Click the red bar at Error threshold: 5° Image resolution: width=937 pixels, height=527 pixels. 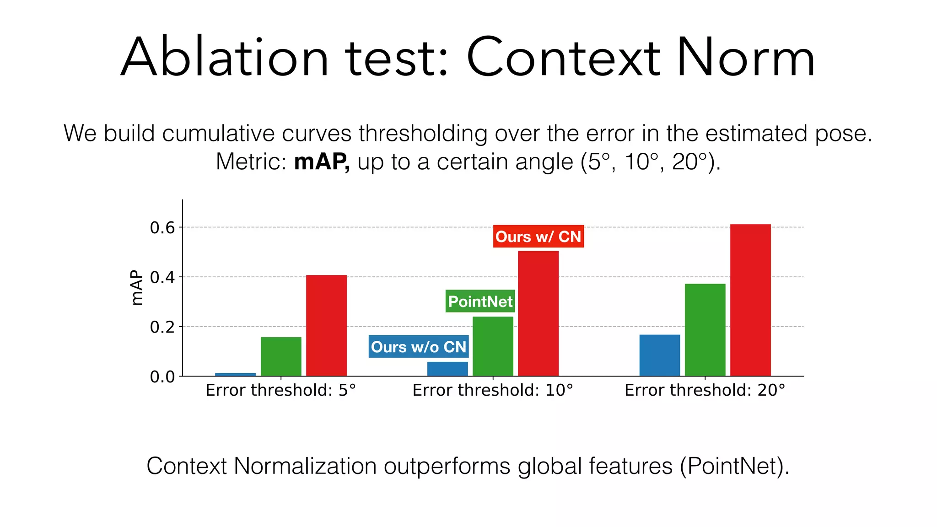(326, 325)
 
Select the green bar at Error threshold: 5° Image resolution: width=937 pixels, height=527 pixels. (281, 356)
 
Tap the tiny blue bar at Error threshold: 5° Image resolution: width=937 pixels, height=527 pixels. (235, 375)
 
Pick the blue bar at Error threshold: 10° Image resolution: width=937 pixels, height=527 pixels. (447, 369)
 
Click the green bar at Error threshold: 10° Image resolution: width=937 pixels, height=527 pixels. (493, 346)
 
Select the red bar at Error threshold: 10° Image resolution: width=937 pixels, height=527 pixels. (538, 313)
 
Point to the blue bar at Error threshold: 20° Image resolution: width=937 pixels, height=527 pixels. (659, 355)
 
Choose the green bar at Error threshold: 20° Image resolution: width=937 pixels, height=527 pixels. (705, 330)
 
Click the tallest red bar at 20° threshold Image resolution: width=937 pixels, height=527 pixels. (750, 300)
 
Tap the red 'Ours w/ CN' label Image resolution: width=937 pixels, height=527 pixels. (538, 237)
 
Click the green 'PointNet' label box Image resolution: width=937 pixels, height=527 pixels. (480, 301)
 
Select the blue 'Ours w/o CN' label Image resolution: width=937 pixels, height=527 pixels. (418, 347)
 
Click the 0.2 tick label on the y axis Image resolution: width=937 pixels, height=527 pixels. (162, 327)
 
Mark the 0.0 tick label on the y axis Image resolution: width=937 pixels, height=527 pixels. (162, 377)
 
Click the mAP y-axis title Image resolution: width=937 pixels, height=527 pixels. (136, 288)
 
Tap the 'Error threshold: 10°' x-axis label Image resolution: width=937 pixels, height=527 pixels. (493, 390)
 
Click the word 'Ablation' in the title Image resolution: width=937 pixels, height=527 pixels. (224, 58)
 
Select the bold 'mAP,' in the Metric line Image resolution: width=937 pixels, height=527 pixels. (322, 161)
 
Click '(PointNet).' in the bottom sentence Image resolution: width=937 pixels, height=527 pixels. (734, 466)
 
